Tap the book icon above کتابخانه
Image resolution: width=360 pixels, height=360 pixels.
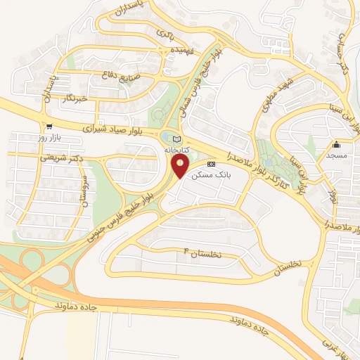(176, 139)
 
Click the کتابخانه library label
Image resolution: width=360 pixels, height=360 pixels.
(176, 150)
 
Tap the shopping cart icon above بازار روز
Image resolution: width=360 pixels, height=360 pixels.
(49, 126)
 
